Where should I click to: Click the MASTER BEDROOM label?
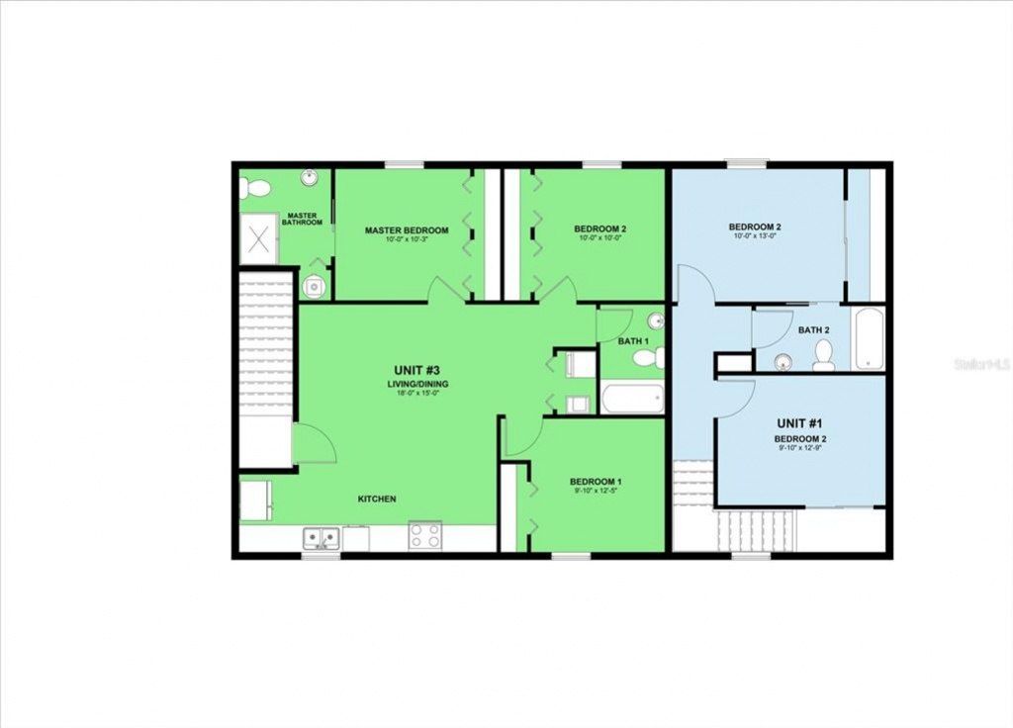[x=406, y=230]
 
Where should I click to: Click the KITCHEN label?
[x=377, y=499]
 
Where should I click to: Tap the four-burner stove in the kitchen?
[x=425, y=536]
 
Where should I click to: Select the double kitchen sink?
[x=322, y=537]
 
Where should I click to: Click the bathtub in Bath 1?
[x=632, y=400]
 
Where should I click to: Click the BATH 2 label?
[x=813, y=329]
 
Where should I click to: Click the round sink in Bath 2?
[x=783, y=360]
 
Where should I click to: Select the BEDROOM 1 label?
[x=596, y=483]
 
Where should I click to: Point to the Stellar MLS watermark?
[x=981, y=364]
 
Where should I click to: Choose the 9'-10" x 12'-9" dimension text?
[x=800, y=448]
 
